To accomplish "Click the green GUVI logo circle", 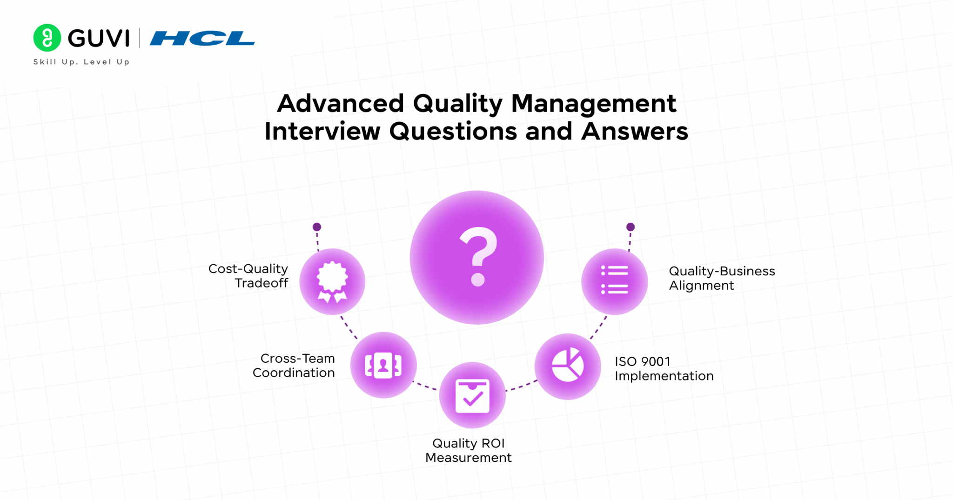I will [47, 38].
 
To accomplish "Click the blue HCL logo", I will [202, 38].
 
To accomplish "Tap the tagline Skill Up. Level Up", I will [81, 62].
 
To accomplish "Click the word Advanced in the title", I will [340, 103].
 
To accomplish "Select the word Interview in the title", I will [322, 132].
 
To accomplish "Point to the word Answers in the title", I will [634, 132].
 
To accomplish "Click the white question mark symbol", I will [478, 256].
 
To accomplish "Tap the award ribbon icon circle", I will [332, 281].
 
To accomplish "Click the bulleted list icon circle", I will [614, 281].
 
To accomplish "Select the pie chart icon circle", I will [567, 366].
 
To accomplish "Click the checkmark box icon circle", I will [472, 395].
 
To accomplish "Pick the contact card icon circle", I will [383, 365].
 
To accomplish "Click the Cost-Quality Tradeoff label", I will [248, 276].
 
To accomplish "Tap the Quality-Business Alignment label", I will [721, 278].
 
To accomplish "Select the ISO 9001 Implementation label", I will [664, 368].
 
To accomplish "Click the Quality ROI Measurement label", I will [468, 450].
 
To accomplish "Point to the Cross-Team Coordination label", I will [294, 366].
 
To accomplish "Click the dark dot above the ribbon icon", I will [317, 227].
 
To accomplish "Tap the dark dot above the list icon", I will [631, 227].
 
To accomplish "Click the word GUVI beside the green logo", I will [99, 38].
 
